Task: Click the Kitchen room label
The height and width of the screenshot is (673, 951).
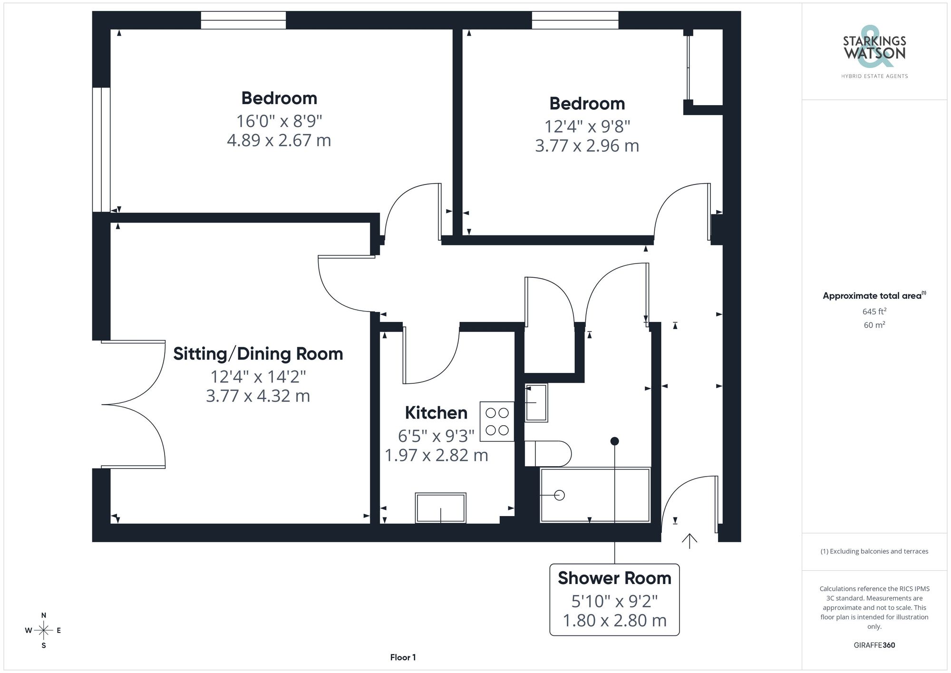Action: pos(436,413)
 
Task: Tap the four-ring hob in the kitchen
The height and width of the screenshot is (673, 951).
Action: pos(497,422)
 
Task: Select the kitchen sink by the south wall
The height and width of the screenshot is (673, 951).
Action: pos(440,508)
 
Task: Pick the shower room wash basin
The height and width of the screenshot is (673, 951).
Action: pos(536,403)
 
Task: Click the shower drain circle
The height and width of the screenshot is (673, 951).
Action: pos(560,495)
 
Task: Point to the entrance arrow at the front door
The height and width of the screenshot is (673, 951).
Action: pos(689,541)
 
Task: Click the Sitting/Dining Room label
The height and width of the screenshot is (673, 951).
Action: pos(258,354)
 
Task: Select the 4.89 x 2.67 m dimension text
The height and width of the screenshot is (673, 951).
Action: pos(279,141)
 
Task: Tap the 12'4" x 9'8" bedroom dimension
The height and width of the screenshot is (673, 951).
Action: pos(587,127)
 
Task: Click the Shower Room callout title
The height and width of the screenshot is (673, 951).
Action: pos(614,578)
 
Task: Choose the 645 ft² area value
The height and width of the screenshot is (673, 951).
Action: pos(874,312)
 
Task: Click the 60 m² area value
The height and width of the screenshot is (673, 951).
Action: pos(874,325)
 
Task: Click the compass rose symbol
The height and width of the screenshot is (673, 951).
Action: pos(44,631)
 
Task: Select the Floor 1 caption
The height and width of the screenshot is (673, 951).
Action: pos(403,657)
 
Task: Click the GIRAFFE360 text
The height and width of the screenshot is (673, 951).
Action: pos(874,645)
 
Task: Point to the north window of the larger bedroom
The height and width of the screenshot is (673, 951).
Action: pos(243,20)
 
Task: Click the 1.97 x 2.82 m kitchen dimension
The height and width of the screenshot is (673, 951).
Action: pos(436,456)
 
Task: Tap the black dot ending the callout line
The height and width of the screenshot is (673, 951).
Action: pos(614,441)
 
